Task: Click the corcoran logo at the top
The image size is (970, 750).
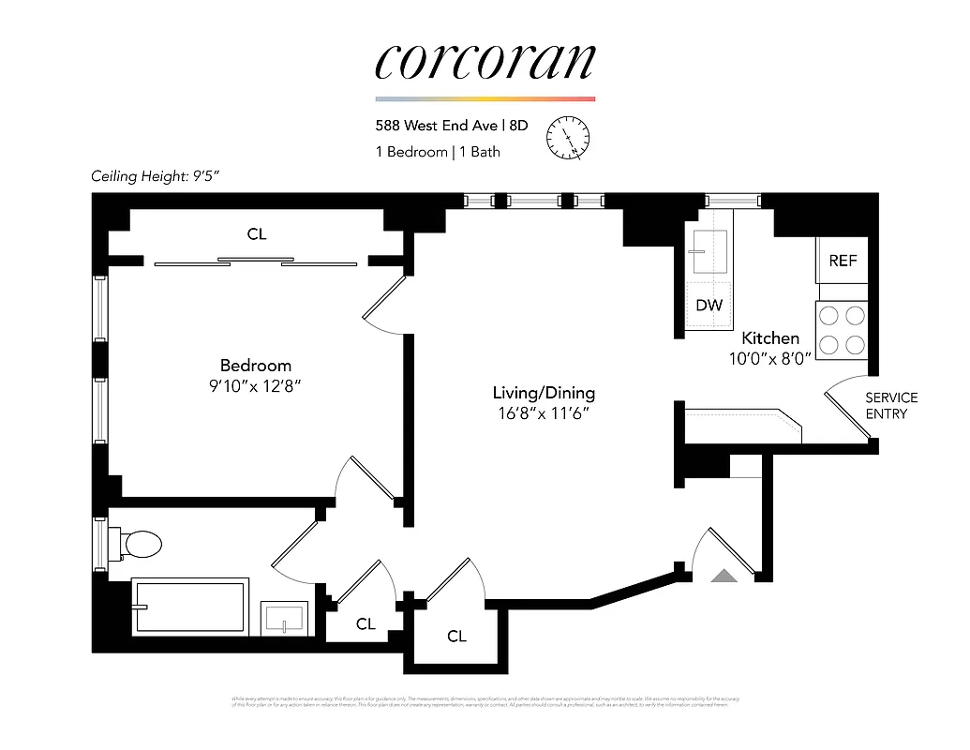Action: [x=485, y=62]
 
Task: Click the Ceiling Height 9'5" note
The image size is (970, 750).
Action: [x=156, y=175]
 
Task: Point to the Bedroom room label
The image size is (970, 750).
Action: [x=256, y=366]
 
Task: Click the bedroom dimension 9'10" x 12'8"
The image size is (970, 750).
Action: [x=256, y=385]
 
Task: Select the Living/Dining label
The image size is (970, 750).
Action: [x=545, y=394]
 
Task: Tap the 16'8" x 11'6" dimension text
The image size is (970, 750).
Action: [x=545, y=413]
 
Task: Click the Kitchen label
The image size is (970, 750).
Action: [x=770, y=337]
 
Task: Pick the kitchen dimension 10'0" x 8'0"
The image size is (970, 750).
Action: [x=770, y=357]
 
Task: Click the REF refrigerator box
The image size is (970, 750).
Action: [x=843, y=262]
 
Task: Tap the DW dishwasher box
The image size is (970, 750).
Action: [x=709, y=306]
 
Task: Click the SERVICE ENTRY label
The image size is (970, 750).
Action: [x=891, y=406]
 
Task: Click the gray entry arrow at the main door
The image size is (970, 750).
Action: [x=724, y=576]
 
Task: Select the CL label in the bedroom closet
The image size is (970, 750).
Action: [x=257, y=234]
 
